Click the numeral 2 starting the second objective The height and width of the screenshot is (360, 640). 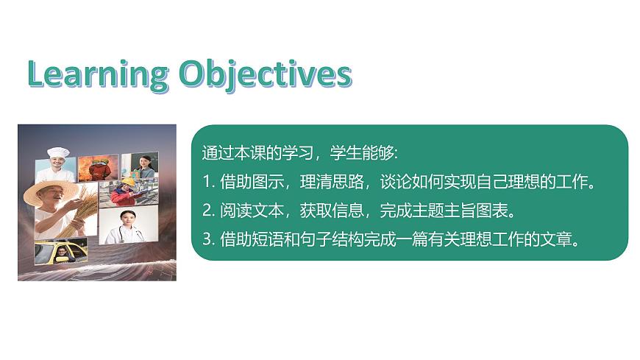point(206,211)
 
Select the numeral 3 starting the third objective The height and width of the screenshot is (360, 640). point(206,239)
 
